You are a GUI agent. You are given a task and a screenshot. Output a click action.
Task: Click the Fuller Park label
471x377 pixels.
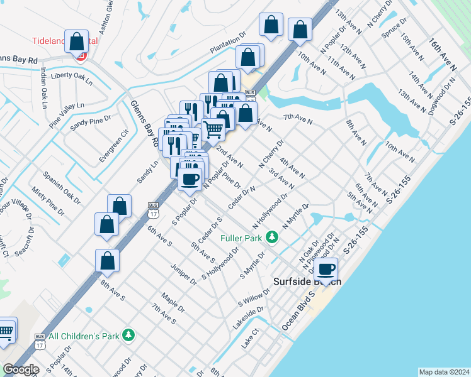(x=242, y=238)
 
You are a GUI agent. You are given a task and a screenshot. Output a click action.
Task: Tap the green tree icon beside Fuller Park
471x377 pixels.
(x=272, y=238)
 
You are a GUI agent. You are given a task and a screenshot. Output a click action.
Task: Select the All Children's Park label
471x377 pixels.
(x=84, y=336)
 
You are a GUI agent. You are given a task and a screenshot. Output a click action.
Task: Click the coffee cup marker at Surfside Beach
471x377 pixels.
(x=326, y=270)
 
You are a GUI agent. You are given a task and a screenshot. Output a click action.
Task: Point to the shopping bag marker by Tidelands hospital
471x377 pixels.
(x=76, y=41)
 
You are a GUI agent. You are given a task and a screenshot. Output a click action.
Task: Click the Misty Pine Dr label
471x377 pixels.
(x=48, y=204)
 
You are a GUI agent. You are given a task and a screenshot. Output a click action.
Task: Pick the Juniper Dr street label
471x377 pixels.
(x=183, y=274)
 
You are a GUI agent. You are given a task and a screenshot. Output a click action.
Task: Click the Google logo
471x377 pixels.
(x=21, y=369)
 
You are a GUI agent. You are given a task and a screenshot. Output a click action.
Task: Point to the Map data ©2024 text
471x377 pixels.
(x=444, y=371)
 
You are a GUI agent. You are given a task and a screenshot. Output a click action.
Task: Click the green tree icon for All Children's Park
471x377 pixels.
(x=128, y=336)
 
